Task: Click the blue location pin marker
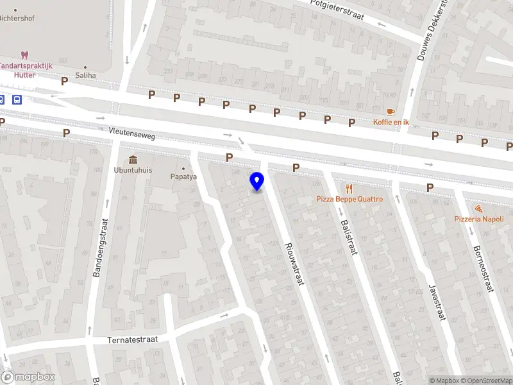257,181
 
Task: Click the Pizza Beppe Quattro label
349,199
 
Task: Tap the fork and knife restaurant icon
349,189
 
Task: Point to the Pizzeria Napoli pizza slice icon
478,209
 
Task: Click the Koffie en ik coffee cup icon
391,112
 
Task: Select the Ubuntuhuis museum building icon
133,159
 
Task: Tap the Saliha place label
85,75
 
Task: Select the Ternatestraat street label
133,338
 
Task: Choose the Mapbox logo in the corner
28,377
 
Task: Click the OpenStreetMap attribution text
487,381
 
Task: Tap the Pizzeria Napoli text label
479,219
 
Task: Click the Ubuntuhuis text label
133,170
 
